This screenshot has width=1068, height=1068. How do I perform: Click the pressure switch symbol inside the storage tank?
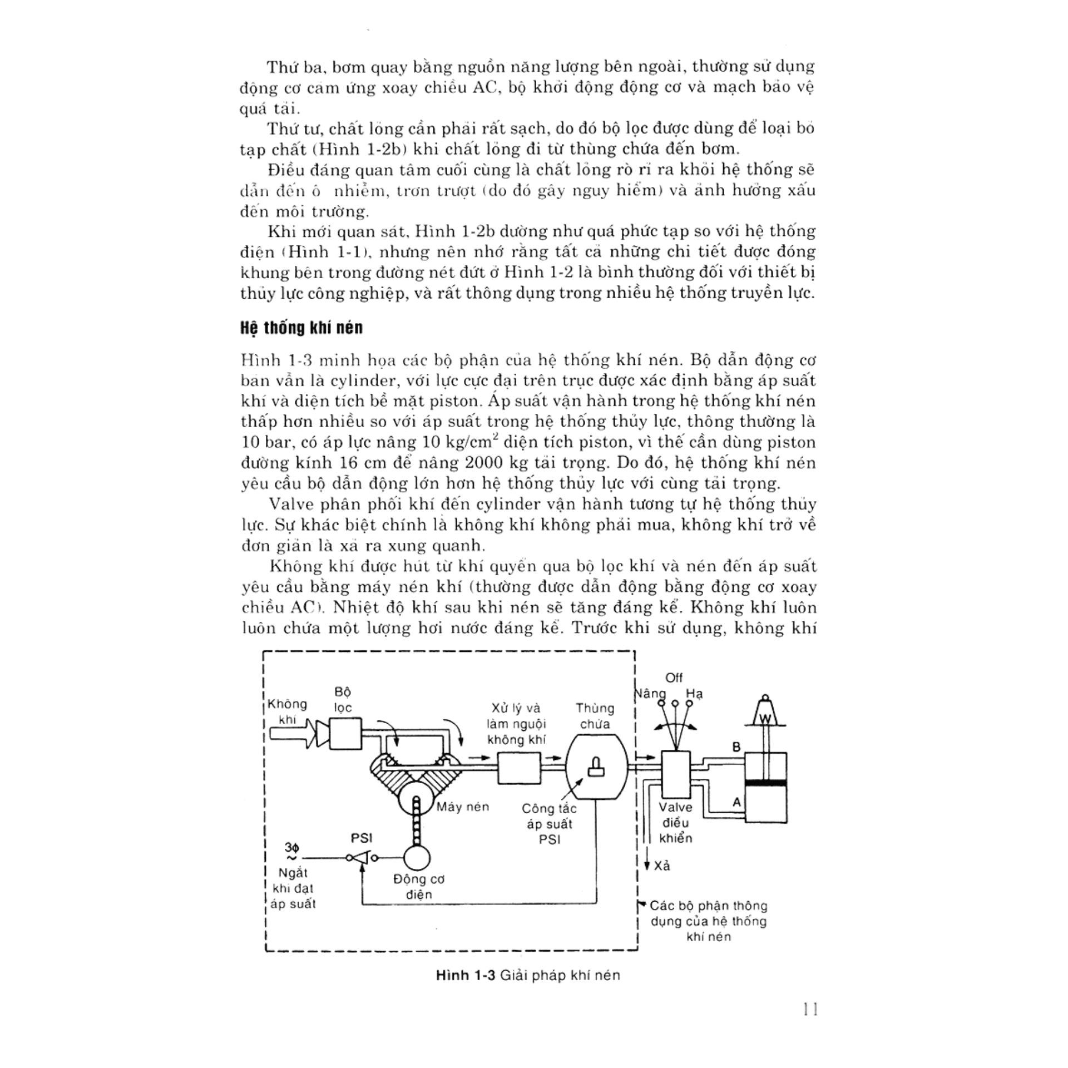(x=597, y=767)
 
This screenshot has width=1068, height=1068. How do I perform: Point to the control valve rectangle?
(x=676, y=775)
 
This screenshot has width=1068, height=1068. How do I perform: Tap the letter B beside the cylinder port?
(x=737, y=747)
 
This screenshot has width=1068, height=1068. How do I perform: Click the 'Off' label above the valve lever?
(x=674, y=678)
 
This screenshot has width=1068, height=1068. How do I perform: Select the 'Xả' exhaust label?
(x=662, y=866)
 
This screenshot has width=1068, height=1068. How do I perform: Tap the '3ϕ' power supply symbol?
(x=292, y=848)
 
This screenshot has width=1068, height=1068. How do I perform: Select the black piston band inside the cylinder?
(x=765, y=783)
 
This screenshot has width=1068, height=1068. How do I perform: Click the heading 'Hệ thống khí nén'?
(x=301, y=328)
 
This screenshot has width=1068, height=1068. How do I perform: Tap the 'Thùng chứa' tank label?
(x=595, y=716)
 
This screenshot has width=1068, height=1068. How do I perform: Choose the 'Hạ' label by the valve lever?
(x=694, y=694)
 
